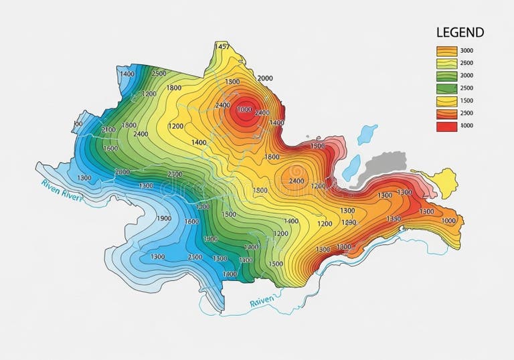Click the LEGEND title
click(x=460, y=32)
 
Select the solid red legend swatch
click(x=446, y=126)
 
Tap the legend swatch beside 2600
click(x=446, y=63)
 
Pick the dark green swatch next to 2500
click(x=446, y=88)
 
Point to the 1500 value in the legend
click(x=467, y=101)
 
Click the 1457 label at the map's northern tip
click(x=222, y=47)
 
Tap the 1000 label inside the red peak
click(x=244, y=109)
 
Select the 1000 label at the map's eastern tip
click(x=448, y=220)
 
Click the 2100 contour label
click(x=108, y=129)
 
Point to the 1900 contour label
click(x=163, y=218)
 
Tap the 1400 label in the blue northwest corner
click(x=126, y=74)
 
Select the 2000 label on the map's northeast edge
click(x=265, y=78)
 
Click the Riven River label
click(x=61, y=189)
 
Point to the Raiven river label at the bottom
click(x=262, y=302)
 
